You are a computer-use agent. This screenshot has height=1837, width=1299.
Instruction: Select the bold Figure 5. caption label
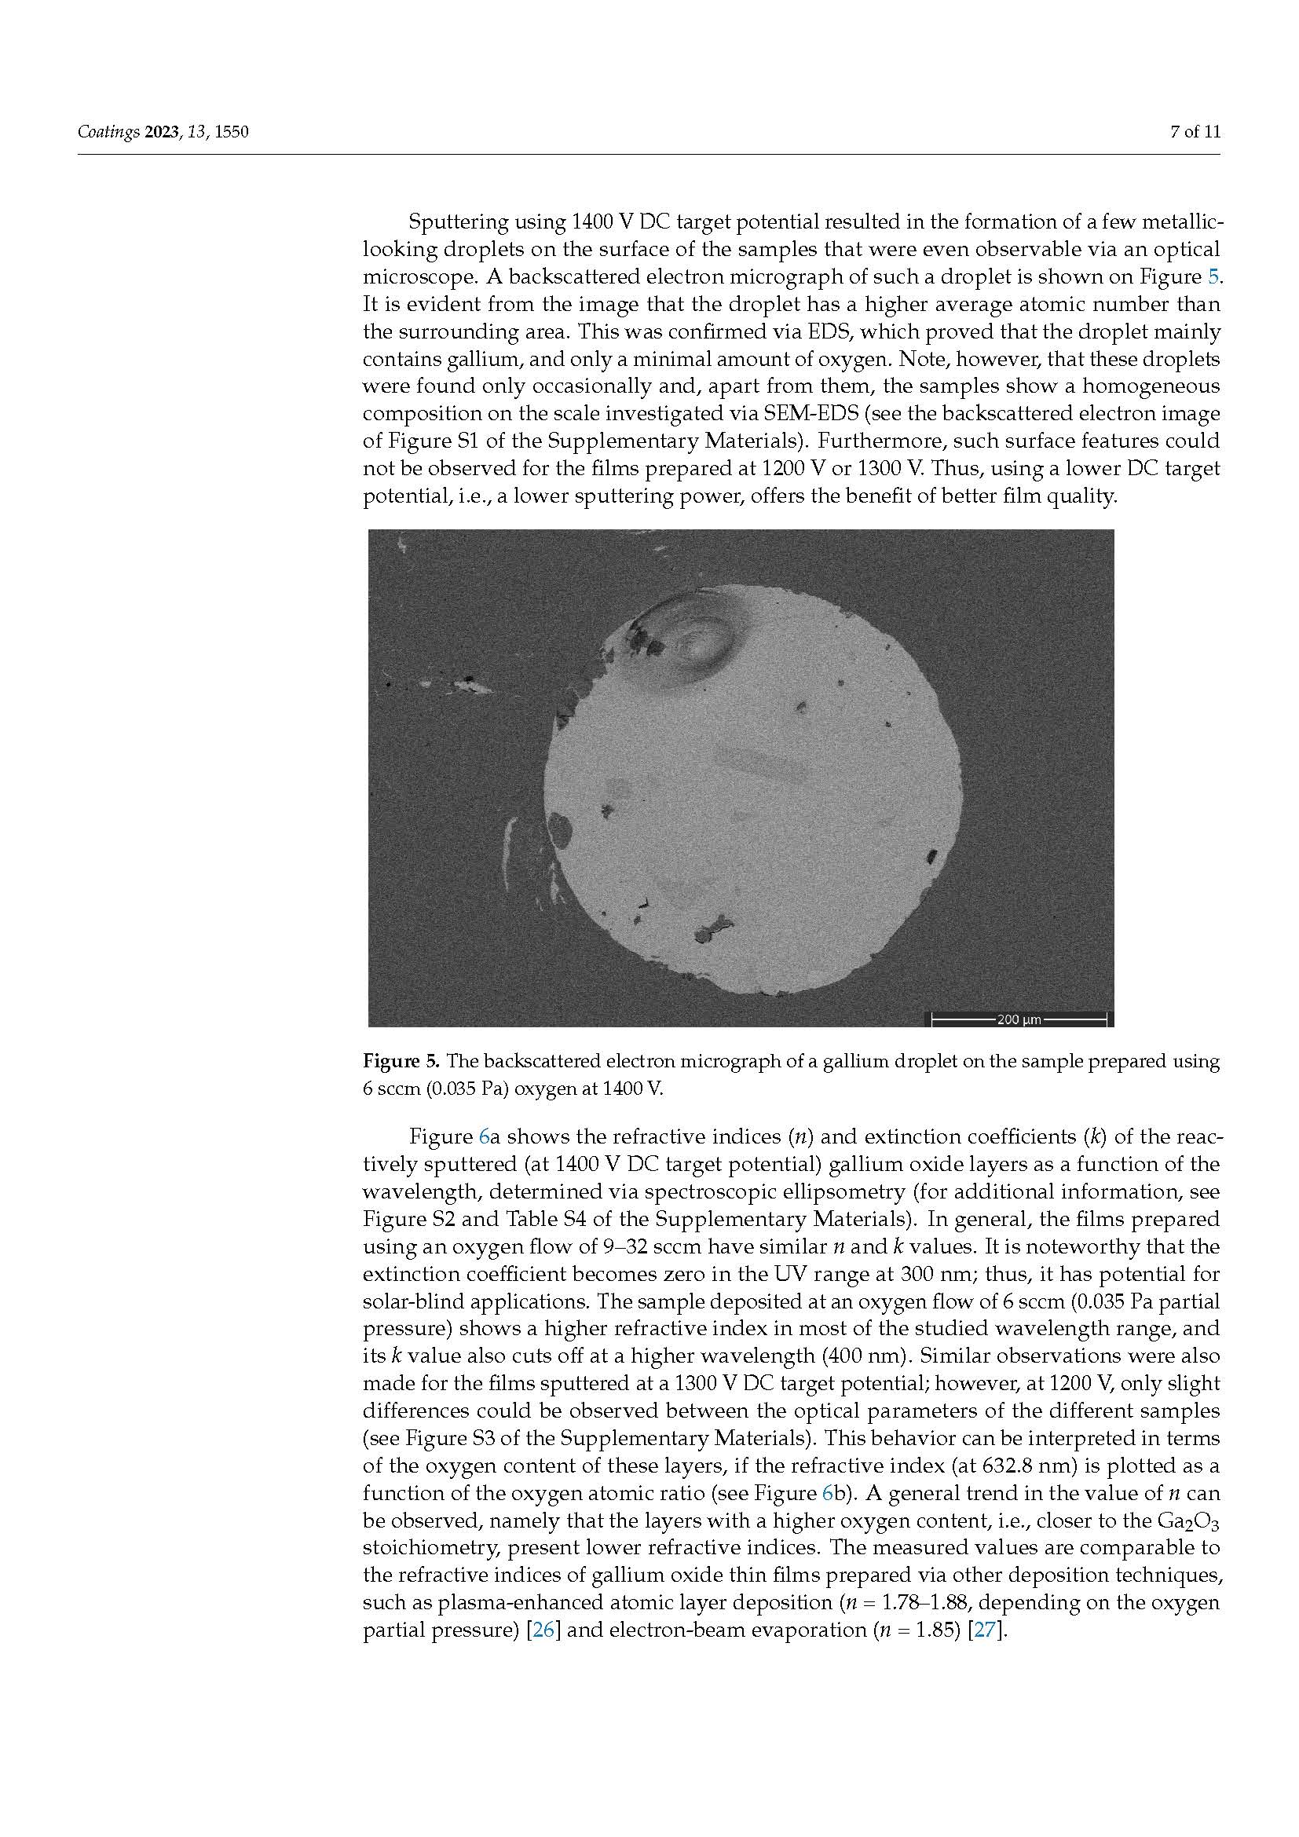[x=401, y=1062]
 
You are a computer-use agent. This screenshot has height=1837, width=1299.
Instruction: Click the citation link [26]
[x=543, y=1630]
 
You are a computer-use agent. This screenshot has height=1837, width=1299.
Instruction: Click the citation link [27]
[x=985, y=1630]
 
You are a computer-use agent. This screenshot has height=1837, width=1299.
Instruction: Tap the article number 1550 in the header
[x=232, y=132]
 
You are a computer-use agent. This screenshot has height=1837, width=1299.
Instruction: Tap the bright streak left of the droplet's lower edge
[x=507, y=852]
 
